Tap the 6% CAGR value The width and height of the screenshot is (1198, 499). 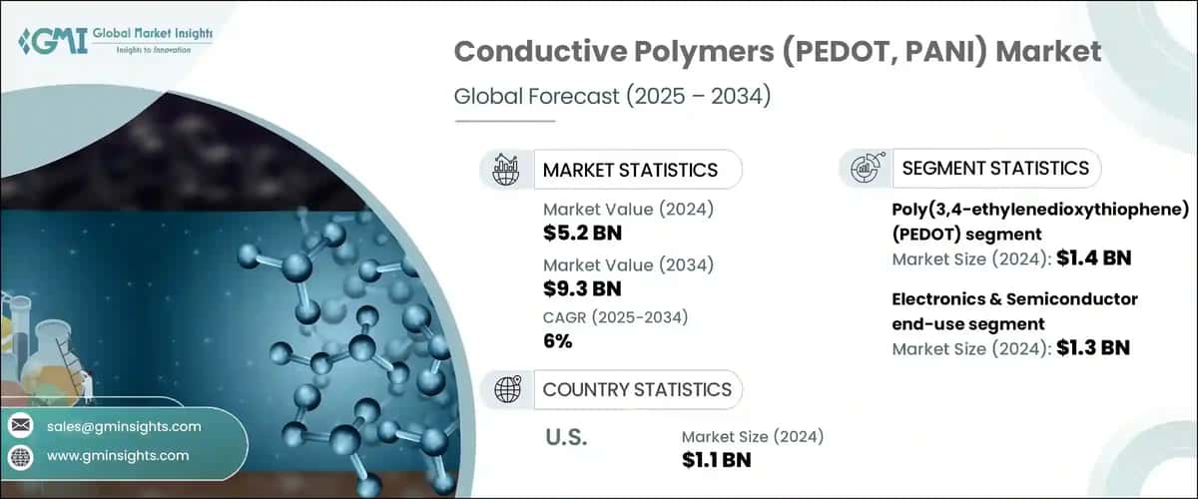coord(558,342)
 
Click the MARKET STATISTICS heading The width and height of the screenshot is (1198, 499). coord(630,170)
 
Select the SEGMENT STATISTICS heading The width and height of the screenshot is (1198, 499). coord(994,168)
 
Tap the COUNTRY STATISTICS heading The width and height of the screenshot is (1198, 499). coord(637,389)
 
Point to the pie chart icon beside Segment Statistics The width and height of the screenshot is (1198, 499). coord(865,168)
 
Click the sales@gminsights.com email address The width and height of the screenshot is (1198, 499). coord(124,426)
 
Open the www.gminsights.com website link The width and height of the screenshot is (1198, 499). coord(118,455)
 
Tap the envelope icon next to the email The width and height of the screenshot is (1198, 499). coord(21,426)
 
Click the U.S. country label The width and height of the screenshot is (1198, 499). coord(567,437)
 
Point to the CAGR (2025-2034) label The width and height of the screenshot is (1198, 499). coord(616,317)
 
